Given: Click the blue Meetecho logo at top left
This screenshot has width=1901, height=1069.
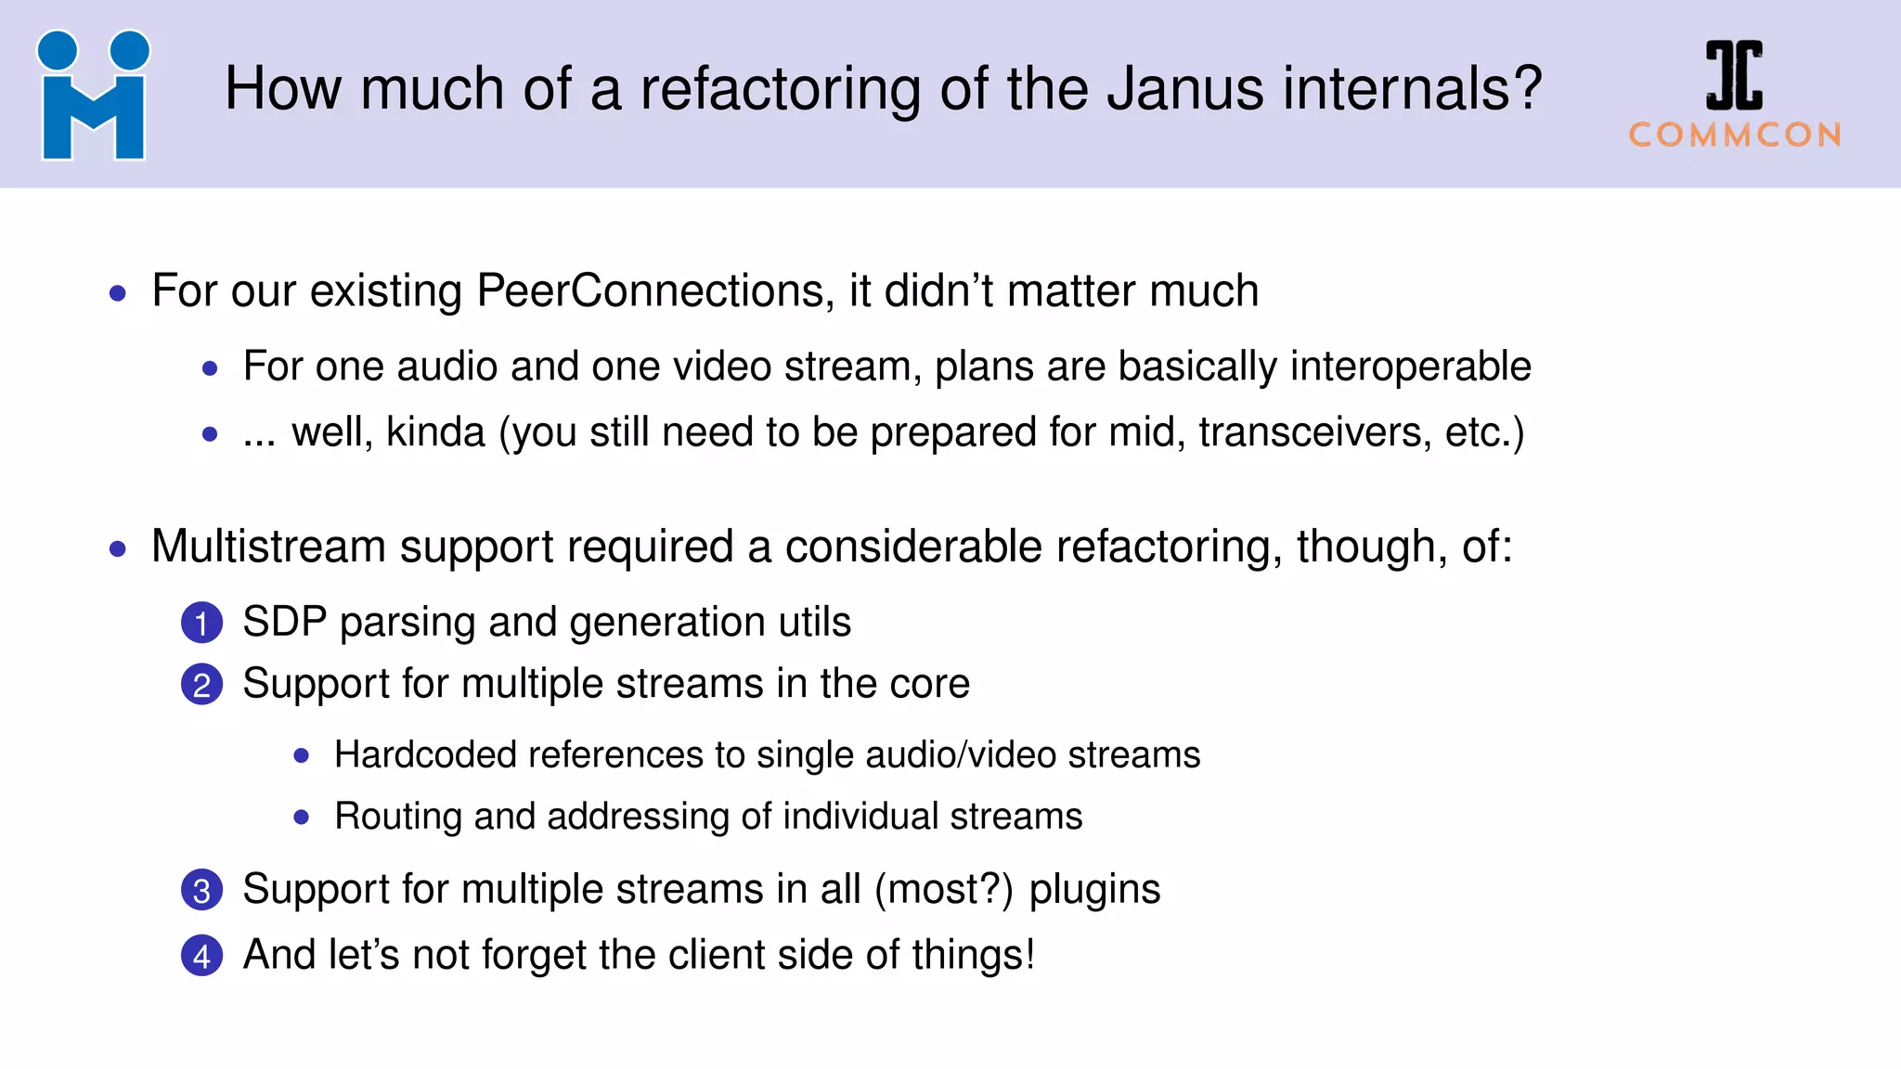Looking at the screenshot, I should tap(93, 96).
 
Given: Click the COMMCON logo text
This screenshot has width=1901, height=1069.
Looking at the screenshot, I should tap(1735, 135).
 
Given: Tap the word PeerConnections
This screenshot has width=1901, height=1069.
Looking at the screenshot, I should tap(650, 291).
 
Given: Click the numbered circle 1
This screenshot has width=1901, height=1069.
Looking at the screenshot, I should tap(201, 623).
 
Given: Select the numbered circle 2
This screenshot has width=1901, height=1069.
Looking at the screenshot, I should tap(201, 685).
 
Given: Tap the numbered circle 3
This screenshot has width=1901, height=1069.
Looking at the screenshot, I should tap(201, 890).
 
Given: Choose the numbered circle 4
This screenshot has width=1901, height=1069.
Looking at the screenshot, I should tap(201, 956).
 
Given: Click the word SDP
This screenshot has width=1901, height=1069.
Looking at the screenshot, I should tap(284, 622).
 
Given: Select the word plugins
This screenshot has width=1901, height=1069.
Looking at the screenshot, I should tap(1094, 890).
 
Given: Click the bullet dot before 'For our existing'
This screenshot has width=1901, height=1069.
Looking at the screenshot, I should tap(118, 294).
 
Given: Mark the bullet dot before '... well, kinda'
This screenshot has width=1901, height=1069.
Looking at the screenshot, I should tap(210, 434).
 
